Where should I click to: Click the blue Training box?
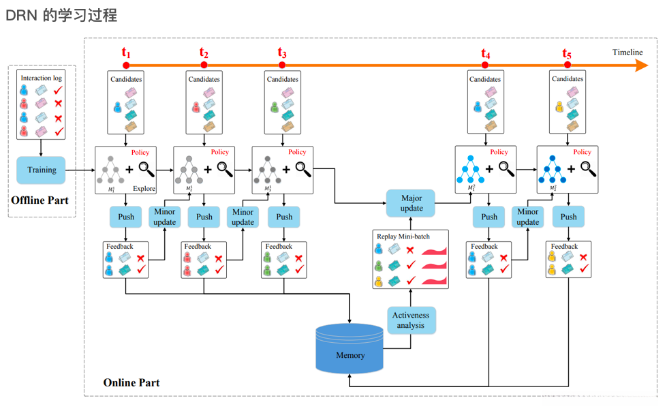pyautogui.click(x=42, y=170)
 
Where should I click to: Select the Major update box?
pyautogui.click(x=411, y=203)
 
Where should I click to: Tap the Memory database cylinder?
pyautogui.click(x=350, y=350)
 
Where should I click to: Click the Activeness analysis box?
pyautogui.click(x=410, y=320)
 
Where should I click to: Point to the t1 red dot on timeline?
pyautogui.click(x=126, y=65)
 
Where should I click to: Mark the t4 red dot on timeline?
pyautogui.click(x=485, y=65)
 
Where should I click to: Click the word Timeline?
pyautogui.click(x=627, y=52)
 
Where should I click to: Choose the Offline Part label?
pyautogui.click(x=42, y=200)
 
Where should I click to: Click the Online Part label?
pyautogui.click(x=131, y=382)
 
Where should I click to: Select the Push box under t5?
pyautogui.click(x=568, y=217)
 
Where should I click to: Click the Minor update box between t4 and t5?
pyautogui.click(x=527, y=217)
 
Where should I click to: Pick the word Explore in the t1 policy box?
pyautogui.click(x=144, y=189)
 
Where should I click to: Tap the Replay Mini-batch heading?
pyautogui.click(x=403, y=237)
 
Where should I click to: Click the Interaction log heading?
pyautogui.click(x=41, y=78)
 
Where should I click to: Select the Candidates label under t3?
pyautogui.click(x=282, y=79)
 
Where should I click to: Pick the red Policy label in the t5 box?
pyautogui.click(x=582, y=152)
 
